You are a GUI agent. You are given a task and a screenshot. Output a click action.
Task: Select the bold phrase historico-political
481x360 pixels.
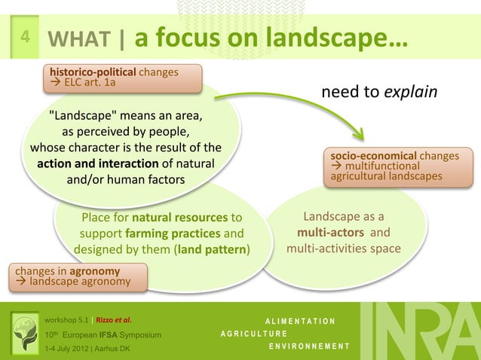93,72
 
